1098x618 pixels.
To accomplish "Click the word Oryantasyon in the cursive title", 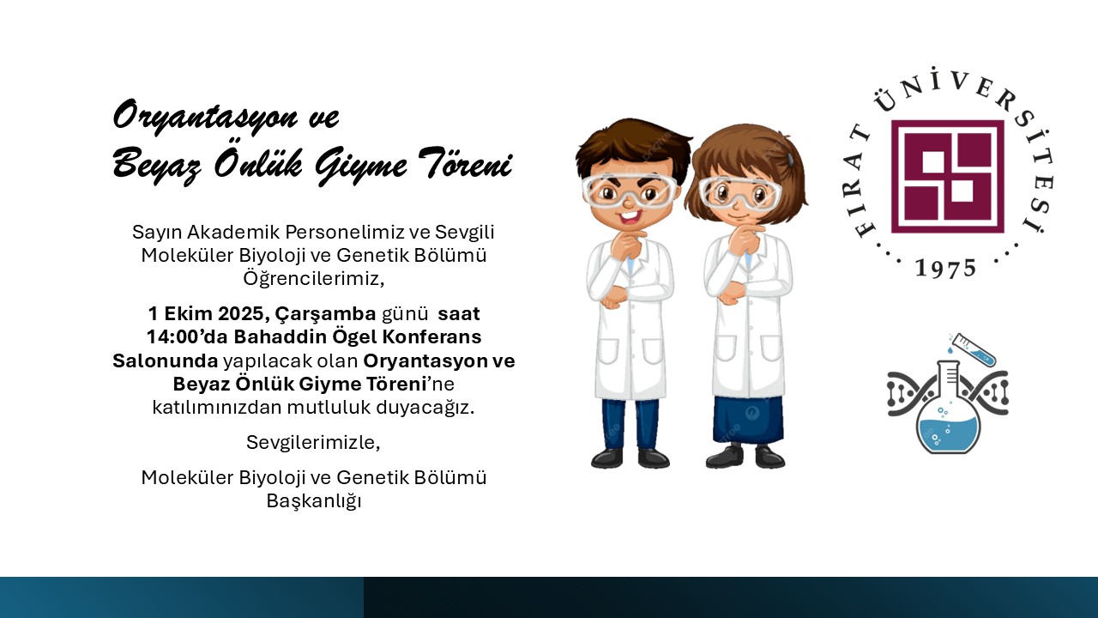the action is pos(205,116).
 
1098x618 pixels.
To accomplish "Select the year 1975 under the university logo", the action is pos(946,268).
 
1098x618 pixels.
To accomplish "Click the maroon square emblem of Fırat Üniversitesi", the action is pos(948,177).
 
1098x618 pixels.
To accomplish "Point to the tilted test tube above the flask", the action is pos(974,349).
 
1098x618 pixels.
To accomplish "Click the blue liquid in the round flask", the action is pos(949,435).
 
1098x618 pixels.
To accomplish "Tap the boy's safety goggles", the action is pos(630,191).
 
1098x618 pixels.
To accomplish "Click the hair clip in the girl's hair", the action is pos(790,158).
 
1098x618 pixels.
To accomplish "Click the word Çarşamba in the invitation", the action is pos(325,314).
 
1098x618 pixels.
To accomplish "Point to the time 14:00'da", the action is pos(187,337).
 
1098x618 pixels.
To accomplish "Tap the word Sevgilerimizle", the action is pos(313,443).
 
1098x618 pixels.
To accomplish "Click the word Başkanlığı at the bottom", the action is pos(314,501).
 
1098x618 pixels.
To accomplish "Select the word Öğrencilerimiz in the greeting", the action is pos(314,279).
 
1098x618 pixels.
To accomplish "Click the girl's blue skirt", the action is pos(748,420).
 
